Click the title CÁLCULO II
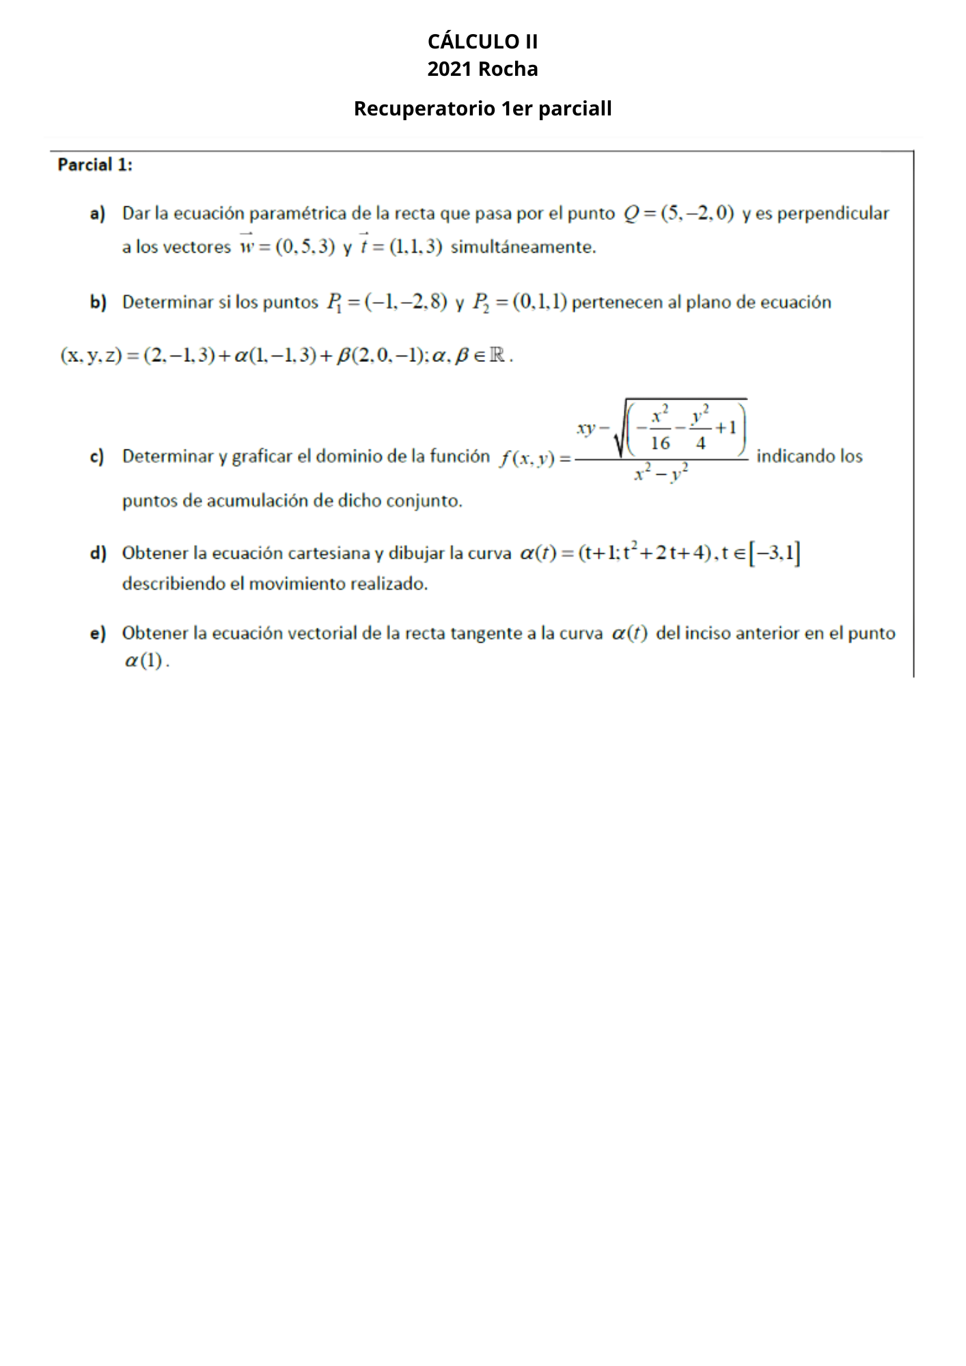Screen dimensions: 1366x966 (482, 42)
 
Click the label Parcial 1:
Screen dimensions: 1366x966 (95, 165)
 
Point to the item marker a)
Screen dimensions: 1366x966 (98, 214)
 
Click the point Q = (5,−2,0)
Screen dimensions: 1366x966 (678, 213)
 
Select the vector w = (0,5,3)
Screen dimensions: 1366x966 (287, 246)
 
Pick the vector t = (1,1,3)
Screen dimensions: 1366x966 (401, 246)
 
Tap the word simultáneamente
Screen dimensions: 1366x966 (523, 247)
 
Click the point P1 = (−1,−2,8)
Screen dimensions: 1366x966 (387, 301)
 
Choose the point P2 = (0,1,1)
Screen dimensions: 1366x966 (520, 301)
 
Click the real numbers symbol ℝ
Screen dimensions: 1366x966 (498, 355)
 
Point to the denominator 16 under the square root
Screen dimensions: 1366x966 (660, 443)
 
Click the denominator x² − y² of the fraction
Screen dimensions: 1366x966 (661, 472)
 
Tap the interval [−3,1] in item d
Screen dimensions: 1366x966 (774, 553)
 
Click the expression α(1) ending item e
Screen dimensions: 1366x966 (144, 660)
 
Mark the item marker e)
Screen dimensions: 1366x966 (98, 633)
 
